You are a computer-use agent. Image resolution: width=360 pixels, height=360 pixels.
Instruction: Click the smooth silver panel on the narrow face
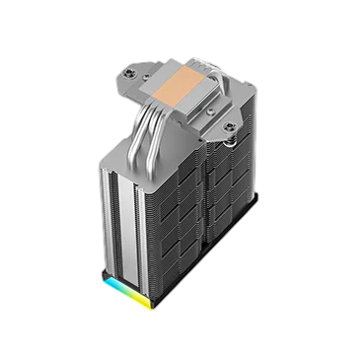click(124, 217)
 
